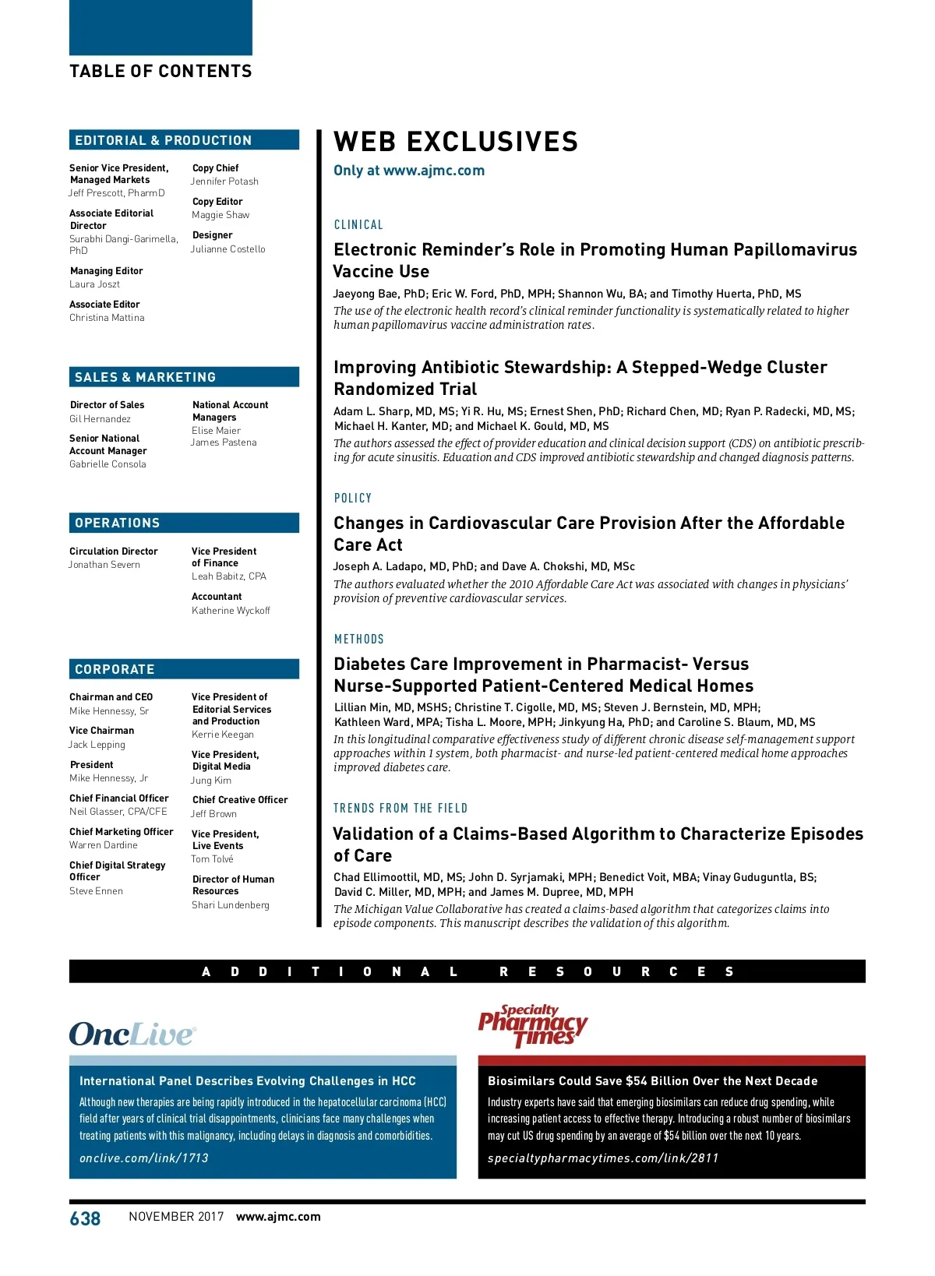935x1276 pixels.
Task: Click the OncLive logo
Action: click(x=132, y=1034)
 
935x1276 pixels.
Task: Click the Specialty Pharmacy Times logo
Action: click(x=533, y=1027)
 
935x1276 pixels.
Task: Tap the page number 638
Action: click(x=85, y=1218)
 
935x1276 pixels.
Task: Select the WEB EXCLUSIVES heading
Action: click(x=456, y=142)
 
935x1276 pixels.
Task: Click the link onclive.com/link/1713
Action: click(x=144, y=1158)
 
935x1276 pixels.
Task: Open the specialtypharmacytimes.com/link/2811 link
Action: click(x=603, y=1158)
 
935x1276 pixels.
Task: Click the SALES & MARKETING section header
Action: click(x=184, y=377)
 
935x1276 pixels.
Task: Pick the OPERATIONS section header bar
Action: click(x=184, y=523)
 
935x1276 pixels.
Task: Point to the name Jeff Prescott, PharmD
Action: click(x=117, y=193)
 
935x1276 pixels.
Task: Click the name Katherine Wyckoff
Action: click(x=231, y=611)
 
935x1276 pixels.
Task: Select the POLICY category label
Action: click(x=353, y=499)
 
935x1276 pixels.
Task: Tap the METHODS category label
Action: click(x=359, y=640)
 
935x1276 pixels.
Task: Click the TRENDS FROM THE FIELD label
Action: click(x=400, y=809)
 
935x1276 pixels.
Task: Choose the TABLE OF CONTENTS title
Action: click(x=161, y=72)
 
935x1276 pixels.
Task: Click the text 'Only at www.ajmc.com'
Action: click(x=409, y=171)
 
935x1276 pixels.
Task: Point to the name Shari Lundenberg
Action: click(x=231, y=905)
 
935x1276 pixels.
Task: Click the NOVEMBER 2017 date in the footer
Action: click(x=176, y=1217)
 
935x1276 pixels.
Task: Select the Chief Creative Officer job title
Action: click(x=240, y=800)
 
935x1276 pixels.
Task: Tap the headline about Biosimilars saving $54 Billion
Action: click(x=653, y=1081)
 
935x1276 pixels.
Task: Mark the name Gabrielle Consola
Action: click(x=108, y=464)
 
